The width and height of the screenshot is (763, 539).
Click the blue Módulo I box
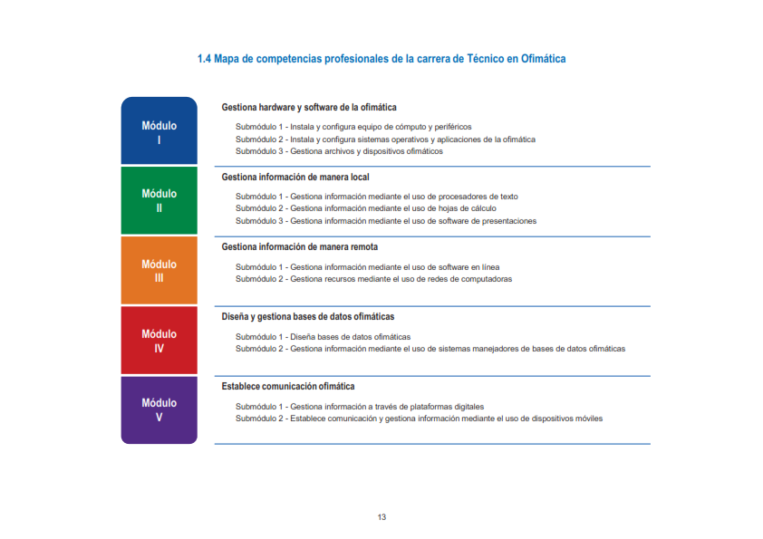click(159, 131)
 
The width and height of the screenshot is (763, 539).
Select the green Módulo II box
click(159, 200)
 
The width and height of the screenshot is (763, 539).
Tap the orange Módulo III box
click(159, 271)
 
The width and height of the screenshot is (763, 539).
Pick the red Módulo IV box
click(159, 341)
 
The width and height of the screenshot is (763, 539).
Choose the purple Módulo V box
click(159, 409)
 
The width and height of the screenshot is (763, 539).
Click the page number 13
click(381, 517)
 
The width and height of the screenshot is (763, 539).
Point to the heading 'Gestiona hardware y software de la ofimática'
click(309, 108)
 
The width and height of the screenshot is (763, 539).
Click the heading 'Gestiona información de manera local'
click(295, 178)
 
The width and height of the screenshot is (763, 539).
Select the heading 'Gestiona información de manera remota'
click(300, 246)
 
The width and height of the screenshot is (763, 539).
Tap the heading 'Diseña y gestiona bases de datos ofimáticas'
click(308, 316)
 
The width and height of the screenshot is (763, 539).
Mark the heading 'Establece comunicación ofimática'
click(288, 386)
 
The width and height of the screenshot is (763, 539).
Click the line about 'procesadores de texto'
click(377, 197)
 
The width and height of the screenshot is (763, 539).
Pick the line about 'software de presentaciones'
click(386, 221)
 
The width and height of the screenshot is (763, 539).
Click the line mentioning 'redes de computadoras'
click(373, 279)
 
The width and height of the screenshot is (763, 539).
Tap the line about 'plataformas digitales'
click(360, 407)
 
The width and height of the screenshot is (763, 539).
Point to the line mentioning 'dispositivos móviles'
click(419, 419)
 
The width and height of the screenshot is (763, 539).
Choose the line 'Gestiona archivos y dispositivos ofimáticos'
click(339, 151)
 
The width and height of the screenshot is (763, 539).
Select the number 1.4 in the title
click(204, 59)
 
